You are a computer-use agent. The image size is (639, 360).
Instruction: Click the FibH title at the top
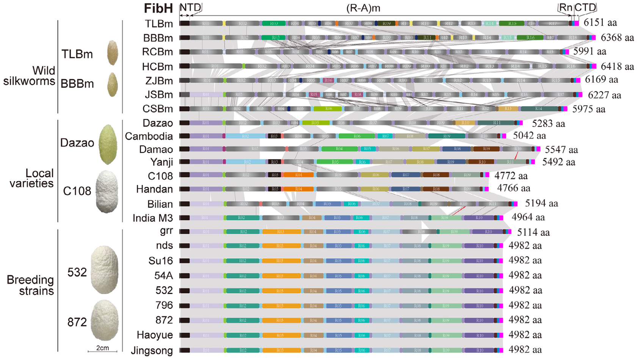tap(158, 8)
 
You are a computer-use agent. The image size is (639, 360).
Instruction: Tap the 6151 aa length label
tap(600, 23)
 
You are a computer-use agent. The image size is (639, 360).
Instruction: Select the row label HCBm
tap(157, 67)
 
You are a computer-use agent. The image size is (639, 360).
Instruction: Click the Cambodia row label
tap(149, 136)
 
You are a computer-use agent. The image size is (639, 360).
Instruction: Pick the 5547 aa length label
tap(561, 150)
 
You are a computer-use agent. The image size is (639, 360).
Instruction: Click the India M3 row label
tap(153, 218)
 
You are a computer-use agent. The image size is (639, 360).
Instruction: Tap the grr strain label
tap(166, 231)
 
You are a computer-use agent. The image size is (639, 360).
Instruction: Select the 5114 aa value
tap(533, 232)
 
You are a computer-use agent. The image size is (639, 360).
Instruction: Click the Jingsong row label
tap(152, 351)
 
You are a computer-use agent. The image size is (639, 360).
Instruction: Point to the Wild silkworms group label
tap(30, 76)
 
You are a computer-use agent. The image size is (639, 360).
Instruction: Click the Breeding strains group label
tap(30, 285)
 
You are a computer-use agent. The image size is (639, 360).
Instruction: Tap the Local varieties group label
tap(31, 178)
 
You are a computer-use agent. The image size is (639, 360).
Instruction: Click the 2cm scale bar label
tap(102, 348)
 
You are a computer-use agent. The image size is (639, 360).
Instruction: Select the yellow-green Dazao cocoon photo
tap(108, 144)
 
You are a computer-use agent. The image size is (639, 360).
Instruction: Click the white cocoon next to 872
tap(105, 321)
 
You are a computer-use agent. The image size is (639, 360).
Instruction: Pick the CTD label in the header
tap(585, 8)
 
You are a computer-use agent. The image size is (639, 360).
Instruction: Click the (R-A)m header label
tap(363, 8)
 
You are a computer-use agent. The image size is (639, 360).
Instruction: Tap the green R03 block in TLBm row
tap(273, 23)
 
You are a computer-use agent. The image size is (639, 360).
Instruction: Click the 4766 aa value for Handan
tap(514, 188)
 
